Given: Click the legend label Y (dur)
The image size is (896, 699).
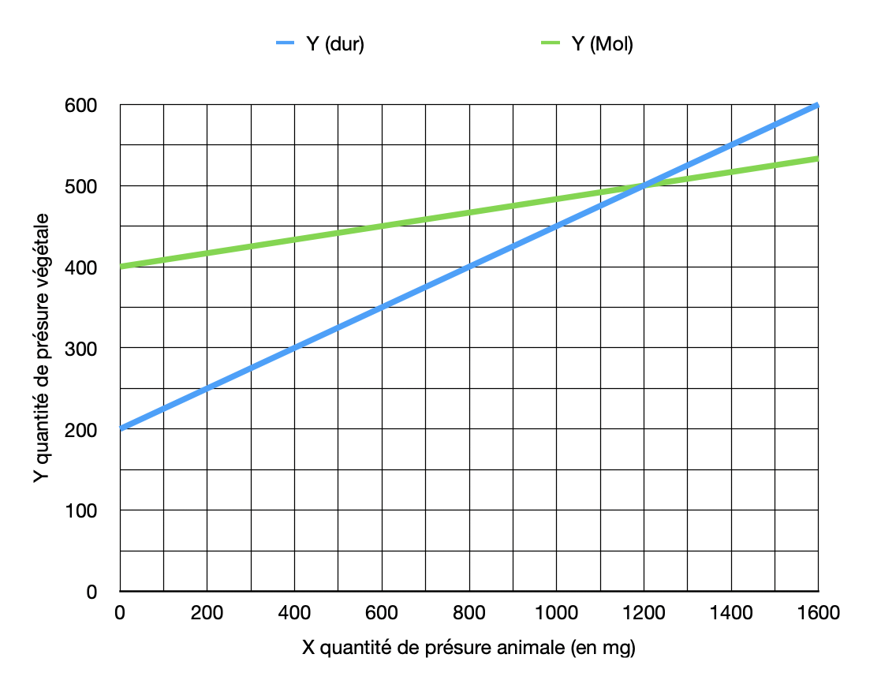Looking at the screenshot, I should tap(334, 44).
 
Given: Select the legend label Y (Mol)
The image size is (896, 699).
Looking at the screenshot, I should tap(602, 44).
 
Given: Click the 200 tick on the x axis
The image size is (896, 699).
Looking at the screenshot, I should tap(207, 611).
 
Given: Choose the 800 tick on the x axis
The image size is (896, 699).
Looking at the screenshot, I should tap(469, 611).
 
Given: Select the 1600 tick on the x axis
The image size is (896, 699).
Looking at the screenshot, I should tap(818, 611).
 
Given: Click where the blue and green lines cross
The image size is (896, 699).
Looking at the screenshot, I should tap(644, 185).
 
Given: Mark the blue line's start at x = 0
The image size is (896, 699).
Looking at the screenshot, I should tap(121, 428).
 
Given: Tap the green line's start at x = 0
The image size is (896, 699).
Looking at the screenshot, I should tap(121, 267).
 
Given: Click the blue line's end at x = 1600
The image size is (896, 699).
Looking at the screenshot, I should tap(818, 105).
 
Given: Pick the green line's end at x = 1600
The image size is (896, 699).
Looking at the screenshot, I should tap(818, 159).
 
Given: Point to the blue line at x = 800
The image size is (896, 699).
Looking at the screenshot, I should tap(469, 267).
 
